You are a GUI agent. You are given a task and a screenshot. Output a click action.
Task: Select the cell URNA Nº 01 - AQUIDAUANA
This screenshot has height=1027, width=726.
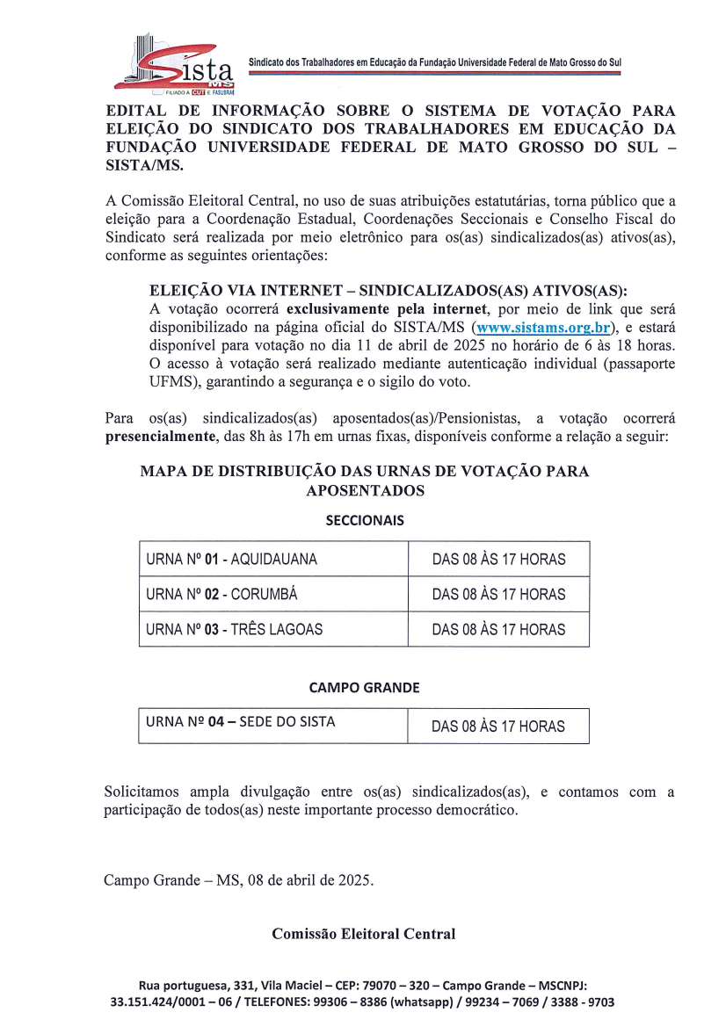point(273,559)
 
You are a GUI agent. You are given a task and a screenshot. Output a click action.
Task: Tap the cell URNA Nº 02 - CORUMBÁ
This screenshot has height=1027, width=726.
point(273,594)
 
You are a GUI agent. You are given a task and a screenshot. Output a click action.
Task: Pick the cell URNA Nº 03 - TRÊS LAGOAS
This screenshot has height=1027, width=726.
point(273,629)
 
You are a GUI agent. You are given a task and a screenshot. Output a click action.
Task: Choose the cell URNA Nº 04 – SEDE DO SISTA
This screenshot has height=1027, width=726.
point(272,724)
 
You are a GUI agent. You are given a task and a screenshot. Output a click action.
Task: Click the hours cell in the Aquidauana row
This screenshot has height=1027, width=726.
point(498,559)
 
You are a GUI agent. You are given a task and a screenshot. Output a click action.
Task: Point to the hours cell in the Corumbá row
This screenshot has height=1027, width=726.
point(498,594)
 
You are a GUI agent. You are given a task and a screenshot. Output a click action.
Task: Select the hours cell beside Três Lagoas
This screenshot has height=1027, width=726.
point(498,629)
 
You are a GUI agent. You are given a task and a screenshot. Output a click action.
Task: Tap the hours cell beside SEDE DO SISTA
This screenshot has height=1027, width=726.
point(498,727)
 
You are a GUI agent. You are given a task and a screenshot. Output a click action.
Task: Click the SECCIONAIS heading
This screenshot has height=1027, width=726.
point(364,520)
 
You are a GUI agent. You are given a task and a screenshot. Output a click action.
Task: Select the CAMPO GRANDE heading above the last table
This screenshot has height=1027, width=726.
point(364,687)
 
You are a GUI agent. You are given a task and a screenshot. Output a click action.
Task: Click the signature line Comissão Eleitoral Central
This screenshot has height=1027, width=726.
point(363,934)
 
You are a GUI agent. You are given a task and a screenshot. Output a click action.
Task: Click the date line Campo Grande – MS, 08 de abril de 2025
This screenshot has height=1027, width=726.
point(237,879)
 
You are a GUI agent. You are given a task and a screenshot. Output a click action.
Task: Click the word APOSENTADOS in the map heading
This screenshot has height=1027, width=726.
point(365,491)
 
